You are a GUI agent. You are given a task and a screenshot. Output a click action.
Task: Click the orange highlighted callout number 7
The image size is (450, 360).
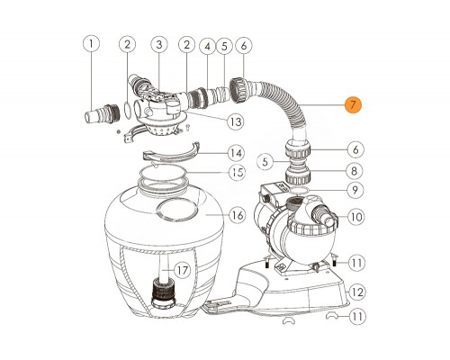coord(353,104)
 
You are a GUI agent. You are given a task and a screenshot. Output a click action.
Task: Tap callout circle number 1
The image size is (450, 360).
coord(91,44)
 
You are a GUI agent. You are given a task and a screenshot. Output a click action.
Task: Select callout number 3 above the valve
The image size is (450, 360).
coord(159,44)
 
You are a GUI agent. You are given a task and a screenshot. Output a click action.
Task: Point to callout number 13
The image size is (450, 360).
coord(236,121)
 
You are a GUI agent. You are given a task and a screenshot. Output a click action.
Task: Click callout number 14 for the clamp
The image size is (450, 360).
coord(236,153)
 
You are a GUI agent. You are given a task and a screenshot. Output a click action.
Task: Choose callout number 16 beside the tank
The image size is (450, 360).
coord(238,215)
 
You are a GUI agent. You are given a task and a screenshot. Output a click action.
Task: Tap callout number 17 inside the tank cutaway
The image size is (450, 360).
coord(182,270)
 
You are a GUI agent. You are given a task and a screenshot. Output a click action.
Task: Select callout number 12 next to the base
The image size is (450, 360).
coord(356,292)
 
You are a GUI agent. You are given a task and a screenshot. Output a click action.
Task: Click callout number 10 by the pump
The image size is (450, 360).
coord(356,217)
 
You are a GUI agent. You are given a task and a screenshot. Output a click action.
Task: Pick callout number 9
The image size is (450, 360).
coord(355,190)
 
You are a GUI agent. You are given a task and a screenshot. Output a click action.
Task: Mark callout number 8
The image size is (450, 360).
coord(355,171)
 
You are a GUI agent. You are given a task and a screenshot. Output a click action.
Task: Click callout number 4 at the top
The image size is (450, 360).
coord(208,47)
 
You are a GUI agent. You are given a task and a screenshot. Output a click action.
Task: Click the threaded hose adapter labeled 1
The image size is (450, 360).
coord(102,113)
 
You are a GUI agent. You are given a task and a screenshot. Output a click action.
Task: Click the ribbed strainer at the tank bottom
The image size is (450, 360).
coord(162,290)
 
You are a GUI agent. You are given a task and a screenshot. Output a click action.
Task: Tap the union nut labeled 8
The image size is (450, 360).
coord(298,176)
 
